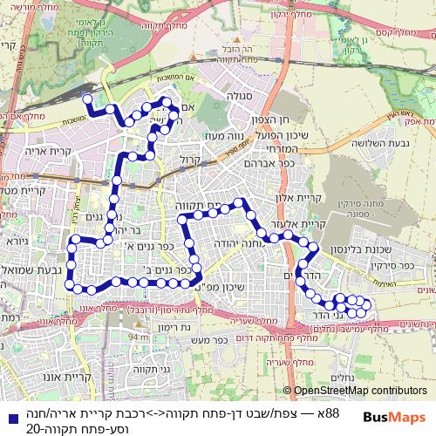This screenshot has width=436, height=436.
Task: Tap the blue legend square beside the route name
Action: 9,411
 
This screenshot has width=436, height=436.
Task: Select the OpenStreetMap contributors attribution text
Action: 359,391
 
